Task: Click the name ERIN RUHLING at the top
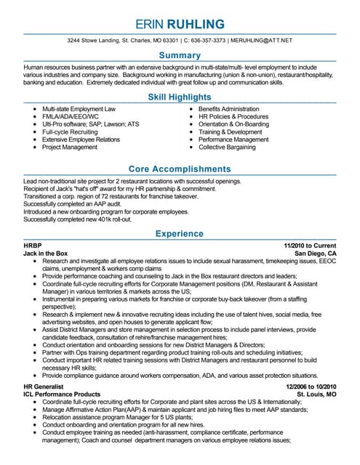point(180,23)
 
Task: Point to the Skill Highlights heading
point(180,97)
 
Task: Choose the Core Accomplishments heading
point(180,169)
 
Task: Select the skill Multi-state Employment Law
point(79,109)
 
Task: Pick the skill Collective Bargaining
point(228,147)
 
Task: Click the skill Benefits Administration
point(229,109)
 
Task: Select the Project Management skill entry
point(70,147)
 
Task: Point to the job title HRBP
point(33,246)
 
